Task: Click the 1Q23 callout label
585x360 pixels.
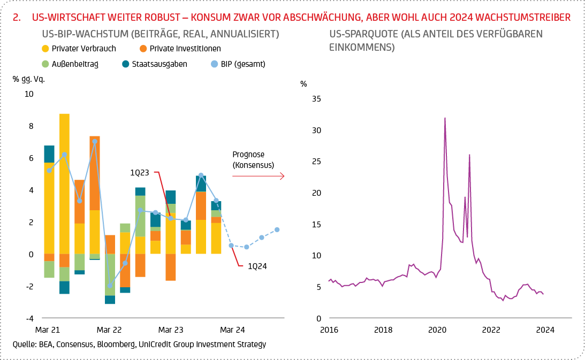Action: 141,172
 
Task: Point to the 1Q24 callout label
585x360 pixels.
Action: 253,265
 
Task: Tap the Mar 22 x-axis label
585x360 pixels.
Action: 110,330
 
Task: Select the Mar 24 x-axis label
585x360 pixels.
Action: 232,330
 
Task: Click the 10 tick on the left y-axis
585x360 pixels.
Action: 28,94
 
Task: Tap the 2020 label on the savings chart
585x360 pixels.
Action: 438,330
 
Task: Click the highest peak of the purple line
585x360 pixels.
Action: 445,118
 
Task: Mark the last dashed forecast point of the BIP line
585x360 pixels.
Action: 277,229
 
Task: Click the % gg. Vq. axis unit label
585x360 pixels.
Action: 29,79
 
